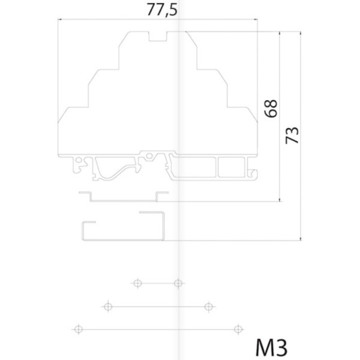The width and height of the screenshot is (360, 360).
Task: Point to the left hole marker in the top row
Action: coord(137,283)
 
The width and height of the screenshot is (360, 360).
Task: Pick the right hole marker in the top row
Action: coord(178,283)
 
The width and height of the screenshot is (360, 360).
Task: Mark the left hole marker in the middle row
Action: coord(108,307)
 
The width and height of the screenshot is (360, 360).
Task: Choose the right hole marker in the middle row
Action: coord(208,307)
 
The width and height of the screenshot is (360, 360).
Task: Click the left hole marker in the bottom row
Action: coord(77,328)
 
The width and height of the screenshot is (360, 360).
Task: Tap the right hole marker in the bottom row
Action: coord(239,328)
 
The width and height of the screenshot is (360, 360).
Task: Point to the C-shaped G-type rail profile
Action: coord(122,228)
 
